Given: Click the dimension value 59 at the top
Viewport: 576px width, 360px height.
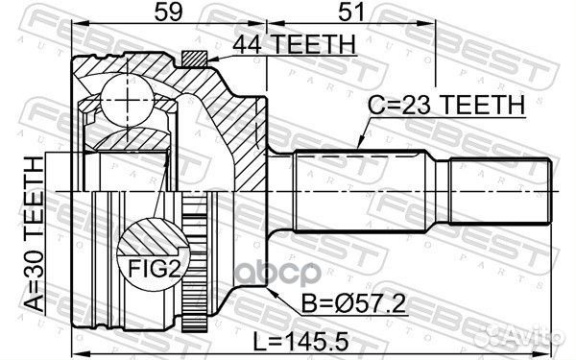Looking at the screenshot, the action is pos(168,12).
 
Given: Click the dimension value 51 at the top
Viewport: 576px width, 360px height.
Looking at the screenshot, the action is pos(351,12).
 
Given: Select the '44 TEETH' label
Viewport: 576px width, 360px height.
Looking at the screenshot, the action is pos(294,44).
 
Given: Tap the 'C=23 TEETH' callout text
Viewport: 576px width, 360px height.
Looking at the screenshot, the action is pos(446,105).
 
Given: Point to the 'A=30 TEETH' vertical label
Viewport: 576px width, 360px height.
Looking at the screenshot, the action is pos(34,235).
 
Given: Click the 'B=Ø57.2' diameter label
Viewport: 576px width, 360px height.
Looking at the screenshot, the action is pos(353,303).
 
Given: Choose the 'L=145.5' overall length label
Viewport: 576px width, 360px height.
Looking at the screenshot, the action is pos(300,343).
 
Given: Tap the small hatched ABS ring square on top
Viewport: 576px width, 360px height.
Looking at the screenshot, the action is pos(194,59).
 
